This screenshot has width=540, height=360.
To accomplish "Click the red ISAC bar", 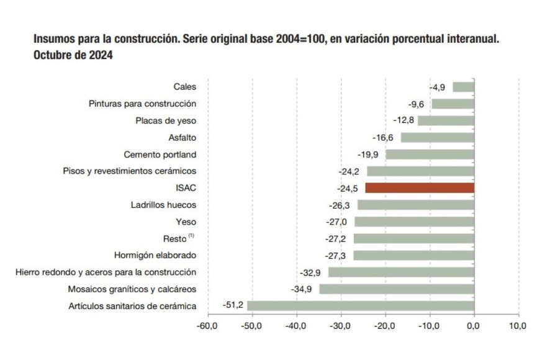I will click(420, 187).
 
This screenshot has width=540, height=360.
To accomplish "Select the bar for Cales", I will click(463, 87).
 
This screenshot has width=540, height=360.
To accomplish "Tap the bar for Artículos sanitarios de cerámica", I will click(360, 305).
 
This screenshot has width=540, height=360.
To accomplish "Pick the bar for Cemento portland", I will click(430, 154).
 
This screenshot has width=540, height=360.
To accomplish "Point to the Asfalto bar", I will click(437, 137).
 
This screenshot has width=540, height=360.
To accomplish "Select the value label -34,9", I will click(304, 289).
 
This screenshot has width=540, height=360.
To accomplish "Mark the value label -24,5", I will click(349, 187).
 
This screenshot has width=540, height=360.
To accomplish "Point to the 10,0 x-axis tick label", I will click(518, 325).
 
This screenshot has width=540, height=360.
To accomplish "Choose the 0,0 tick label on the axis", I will click(474, 325).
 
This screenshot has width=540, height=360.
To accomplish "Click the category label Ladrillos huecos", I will click(164, 204).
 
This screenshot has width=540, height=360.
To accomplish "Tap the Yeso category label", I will click(186, 221).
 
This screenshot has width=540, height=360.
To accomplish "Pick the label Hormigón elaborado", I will click(155, 255).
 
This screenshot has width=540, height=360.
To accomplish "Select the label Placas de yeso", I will click(166, 120).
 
